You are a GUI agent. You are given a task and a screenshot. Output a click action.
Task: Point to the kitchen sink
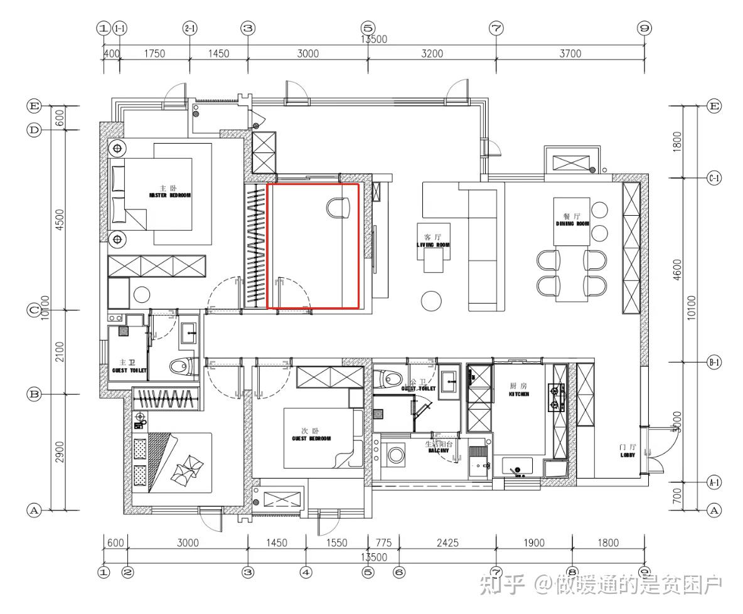518,467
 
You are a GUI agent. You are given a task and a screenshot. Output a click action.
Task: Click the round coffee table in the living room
431,301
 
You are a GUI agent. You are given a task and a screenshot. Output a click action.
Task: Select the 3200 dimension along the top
431,53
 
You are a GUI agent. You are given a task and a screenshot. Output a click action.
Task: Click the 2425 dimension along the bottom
447,543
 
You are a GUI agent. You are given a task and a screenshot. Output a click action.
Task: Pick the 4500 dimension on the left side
60,220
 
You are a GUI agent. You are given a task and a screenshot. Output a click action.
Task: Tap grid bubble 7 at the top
496,28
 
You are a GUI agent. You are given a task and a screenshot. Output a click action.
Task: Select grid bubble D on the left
34,130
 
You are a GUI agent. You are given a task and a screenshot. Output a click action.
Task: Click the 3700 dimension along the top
570,53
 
